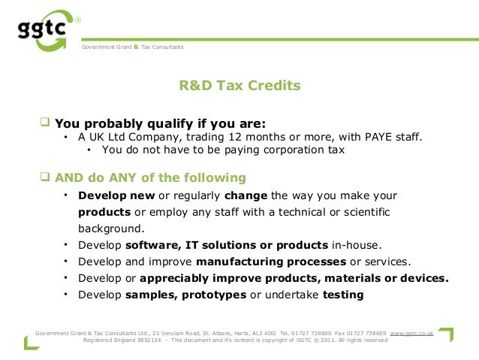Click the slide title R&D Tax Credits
click(239, 86)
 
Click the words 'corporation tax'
click(306, 150)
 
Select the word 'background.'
click(111, 228)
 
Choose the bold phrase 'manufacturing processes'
click(271, 262)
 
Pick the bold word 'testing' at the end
click(343, 295)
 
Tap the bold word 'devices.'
click(424, 278)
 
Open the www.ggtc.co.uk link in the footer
click(411, 331)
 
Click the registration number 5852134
click(149, 340)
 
